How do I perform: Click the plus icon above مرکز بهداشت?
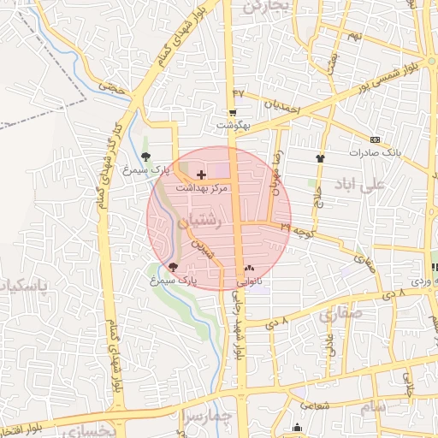point(201,175)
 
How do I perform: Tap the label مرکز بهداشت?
point(201,187)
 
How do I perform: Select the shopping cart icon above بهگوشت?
point(232,113)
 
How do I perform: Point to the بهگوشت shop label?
point(232,125)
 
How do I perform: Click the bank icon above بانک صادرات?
point(375,139)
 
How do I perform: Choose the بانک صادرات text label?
point(375,152)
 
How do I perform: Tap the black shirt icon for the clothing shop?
point(321,158)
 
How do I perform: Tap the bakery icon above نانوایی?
point(249,267)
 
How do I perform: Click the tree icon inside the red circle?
point(175,267)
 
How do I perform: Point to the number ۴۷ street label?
point(238,92)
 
